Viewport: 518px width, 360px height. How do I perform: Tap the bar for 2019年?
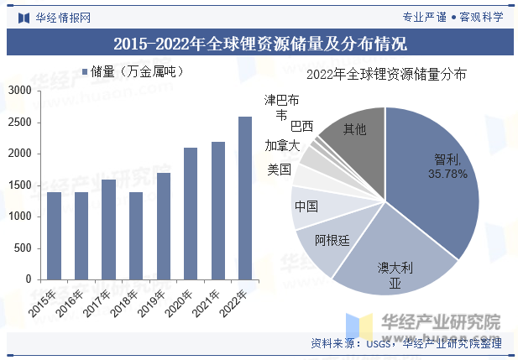click(163, 227)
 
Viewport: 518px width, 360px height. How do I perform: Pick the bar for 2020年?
click(190, 214)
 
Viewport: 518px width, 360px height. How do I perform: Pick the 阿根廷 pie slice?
click(332, 243)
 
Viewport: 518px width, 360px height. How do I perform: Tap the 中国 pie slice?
click(308, 206)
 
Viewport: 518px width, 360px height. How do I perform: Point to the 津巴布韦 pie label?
click(281, 107)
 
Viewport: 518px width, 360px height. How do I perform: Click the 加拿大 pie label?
click(281, 145)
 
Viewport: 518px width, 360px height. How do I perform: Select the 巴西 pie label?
click(301, 126)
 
